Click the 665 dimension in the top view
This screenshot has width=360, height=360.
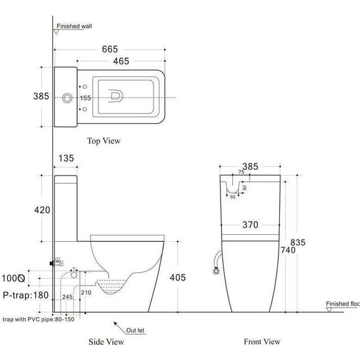tap(111, 49)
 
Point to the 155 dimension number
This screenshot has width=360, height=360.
tap(86, 98)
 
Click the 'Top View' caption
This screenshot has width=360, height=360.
tap(104, 141)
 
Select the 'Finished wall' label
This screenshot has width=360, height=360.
tap(75, 27)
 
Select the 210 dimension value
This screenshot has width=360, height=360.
tap(86, 292)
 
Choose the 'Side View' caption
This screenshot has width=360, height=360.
tap(105, 342)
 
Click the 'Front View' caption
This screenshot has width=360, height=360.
tap(262, 342)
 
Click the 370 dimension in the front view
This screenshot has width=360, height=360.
tap(251, 224)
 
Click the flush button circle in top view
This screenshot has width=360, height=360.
tap(68, 98)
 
